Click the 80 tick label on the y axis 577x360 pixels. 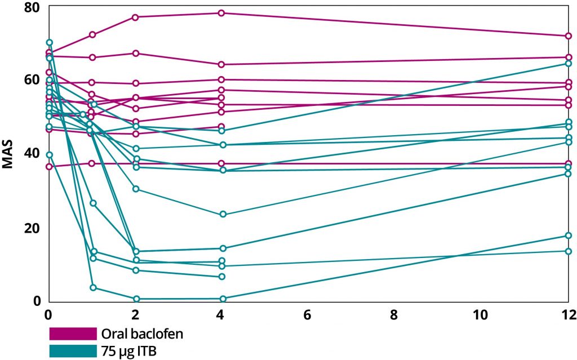pos(32,7)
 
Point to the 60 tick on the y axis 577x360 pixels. pos(32,80)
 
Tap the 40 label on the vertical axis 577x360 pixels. pos(32,154)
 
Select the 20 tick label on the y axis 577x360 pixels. pos(32,228)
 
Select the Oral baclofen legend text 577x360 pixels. pos(141,334)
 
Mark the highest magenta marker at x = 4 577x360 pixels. pos(222,13)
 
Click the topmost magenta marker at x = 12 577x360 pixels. pos(569,36)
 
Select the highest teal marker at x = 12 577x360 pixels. pos(569,63)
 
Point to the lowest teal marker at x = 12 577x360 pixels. pos(569,251)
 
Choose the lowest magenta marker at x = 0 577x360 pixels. pos(50,167)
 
